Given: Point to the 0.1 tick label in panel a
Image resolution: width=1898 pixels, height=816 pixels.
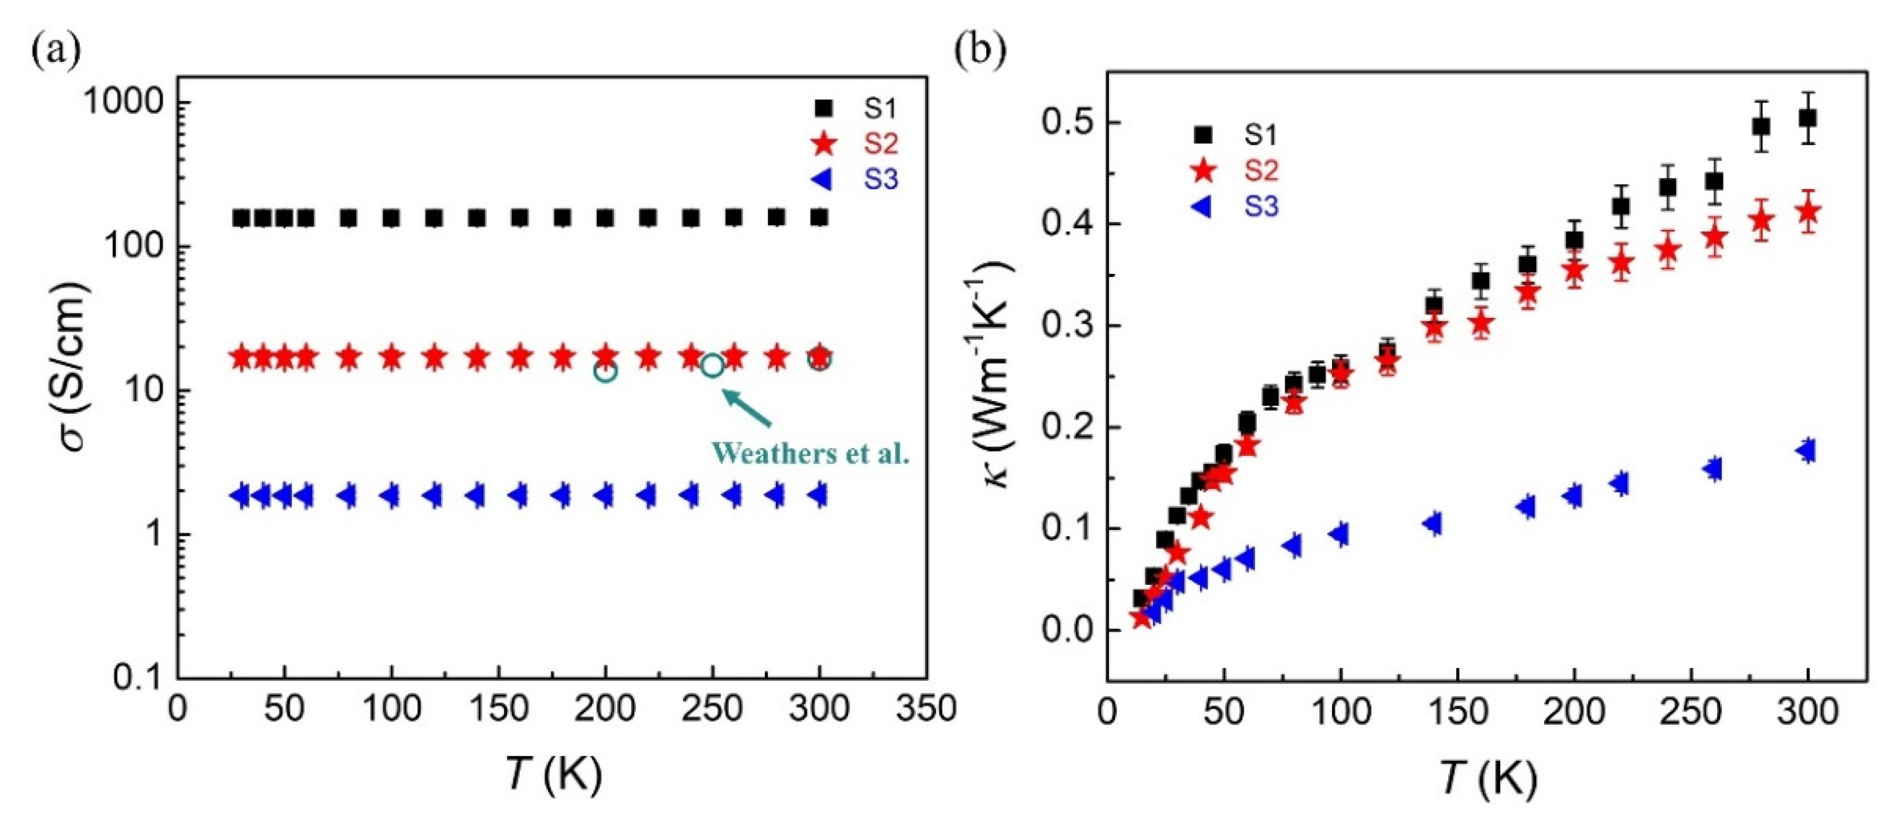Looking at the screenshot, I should [x=140, y=677].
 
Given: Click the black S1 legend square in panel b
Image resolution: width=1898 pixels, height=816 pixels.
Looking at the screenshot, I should [x=1203, y=135].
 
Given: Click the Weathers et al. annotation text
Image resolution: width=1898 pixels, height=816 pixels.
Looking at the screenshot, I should [x=810, y=452].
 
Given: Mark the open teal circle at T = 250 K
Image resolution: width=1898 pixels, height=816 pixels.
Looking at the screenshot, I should [x=712, y=365].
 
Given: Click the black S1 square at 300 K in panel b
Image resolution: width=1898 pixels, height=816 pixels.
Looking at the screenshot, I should [x=1807, y=118].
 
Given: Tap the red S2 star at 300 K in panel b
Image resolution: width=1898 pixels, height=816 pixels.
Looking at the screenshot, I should [x=1807, y=212].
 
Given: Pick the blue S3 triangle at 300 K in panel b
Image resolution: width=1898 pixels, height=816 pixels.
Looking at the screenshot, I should [x=1806, y=451].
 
